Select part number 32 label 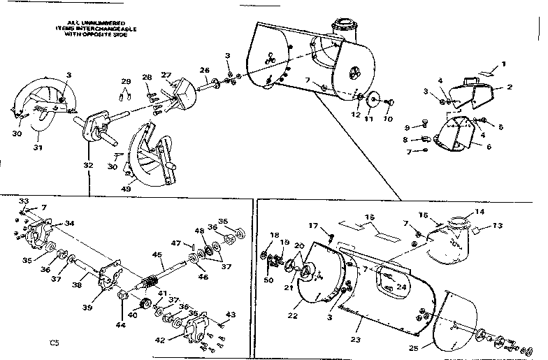coord(87,165)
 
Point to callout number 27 coord(166,75)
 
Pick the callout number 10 coord(389,120)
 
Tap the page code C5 coord(55,343)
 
